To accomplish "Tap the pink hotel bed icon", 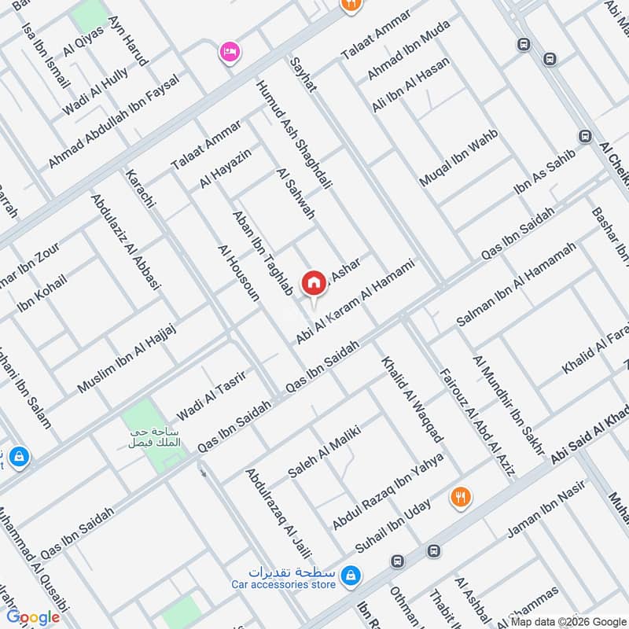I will [x=230, y=53].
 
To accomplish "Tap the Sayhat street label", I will [x=302, y=74].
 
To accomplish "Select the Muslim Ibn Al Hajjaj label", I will [x=127, y=359].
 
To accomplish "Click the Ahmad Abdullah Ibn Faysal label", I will [x=114, y=120].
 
